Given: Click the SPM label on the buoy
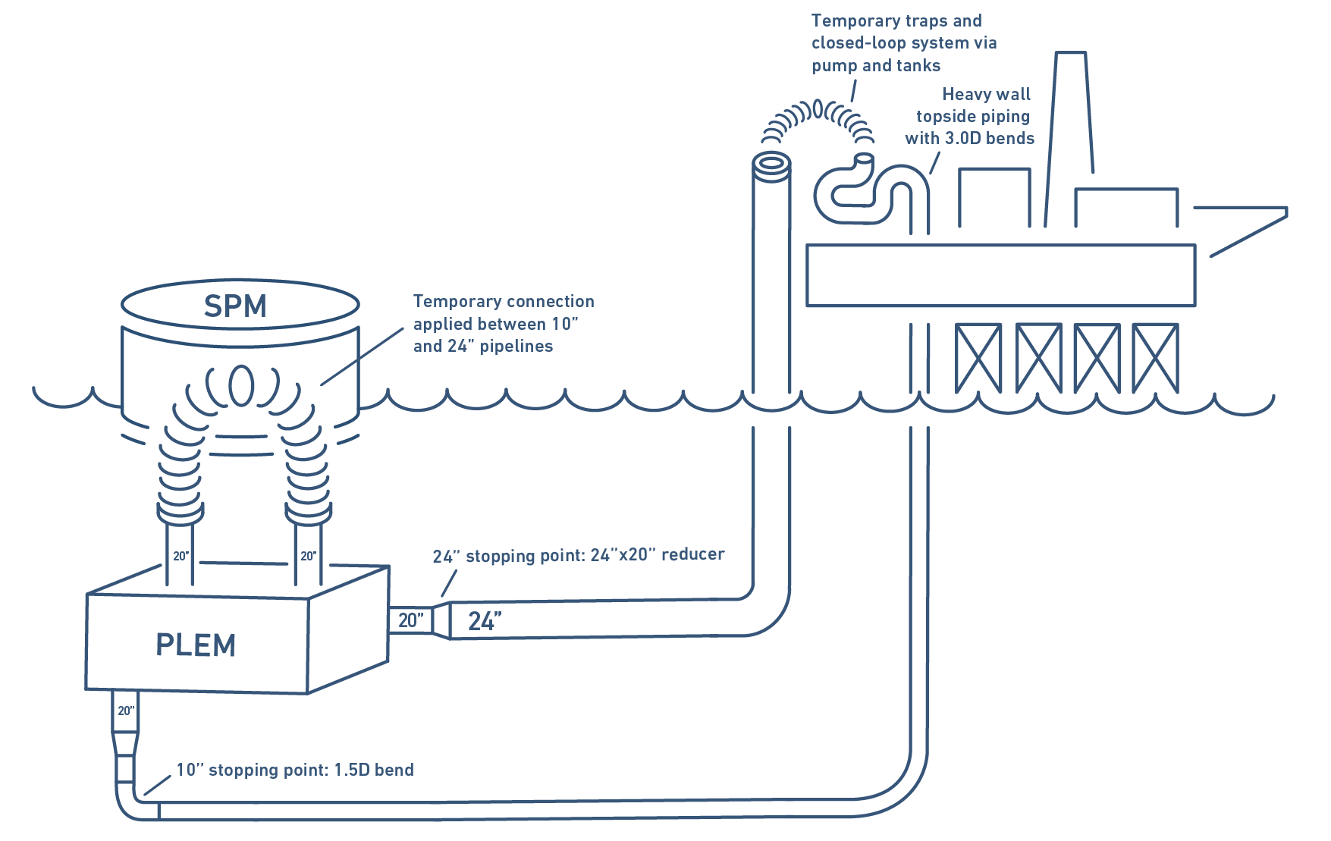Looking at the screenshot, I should point(235,306).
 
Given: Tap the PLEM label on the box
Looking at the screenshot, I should point(196,645).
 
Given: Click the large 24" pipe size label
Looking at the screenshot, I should point(484,621).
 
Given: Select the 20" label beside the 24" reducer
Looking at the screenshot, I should point(410,620).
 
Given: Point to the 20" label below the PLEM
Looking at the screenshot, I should point(126,711).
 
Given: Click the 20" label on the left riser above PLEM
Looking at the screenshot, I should point(181,556).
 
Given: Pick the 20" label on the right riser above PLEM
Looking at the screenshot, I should point(308,556).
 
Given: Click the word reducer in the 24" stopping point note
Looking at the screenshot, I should point(692,554).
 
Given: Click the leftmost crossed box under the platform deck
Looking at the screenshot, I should point(978,357).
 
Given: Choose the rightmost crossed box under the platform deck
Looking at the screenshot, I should point(1154,357).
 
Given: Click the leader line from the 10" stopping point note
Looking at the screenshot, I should point(156,786).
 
